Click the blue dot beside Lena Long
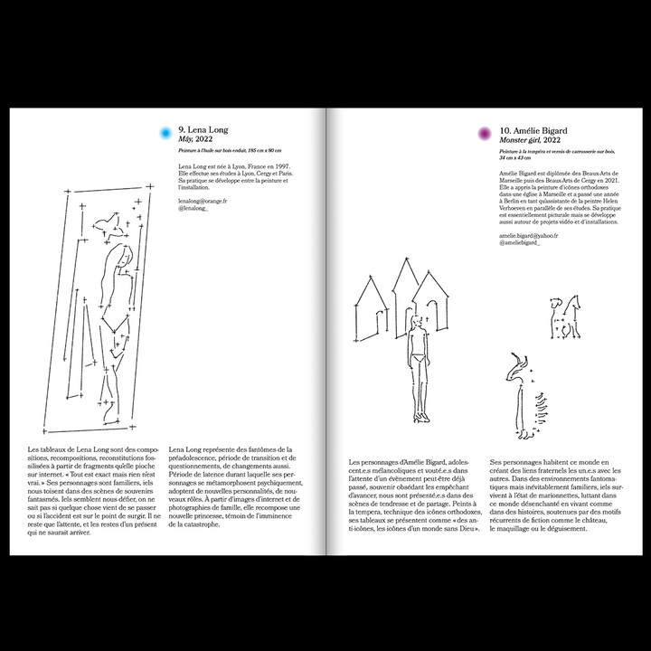coord(165,134)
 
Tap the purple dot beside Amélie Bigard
coord(485,134)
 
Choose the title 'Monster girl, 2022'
coord(529,140)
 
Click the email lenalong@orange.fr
coord(203,201)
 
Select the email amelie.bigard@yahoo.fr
coord(528,235)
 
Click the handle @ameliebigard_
coord(519,243)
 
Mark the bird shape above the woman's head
coord(110,219)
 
